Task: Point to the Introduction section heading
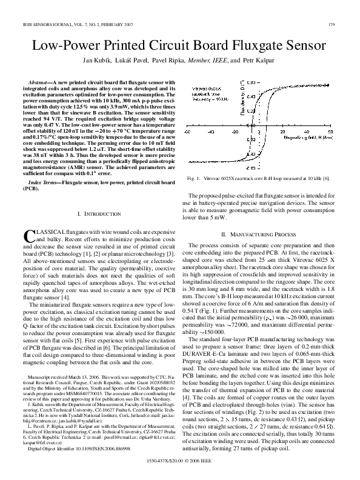pyautogui.click(x=92, y=213)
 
